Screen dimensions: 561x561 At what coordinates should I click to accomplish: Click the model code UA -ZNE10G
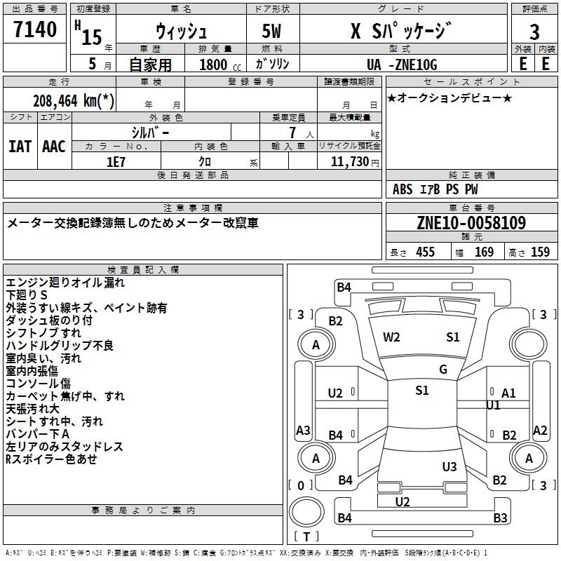click(x=401, y=65)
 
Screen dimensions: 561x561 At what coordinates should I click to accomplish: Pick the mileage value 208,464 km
click(x=74, y=100)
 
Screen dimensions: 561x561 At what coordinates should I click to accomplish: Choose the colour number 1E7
click(x=116, y=161)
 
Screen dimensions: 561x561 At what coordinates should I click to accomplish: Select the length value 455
click(x=425, y=252)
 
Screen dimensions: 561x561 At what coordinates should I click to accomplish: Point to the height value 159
click(x=540, y=252)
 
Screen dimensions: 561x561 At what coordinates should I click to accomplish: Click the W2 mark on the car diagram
click(x=391, y=337)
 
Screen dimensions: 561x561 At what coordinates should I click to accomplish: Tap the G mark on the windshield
click(x=443, y=370)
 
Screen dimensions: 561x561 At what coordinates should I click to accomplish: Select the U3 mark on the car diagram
click(x=450, y=466)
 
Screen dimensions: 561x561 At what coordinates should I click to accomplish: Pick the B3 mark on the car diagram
click(x=500, y=518)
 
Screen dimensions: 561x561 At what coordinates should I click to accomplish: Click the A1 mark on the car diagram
click(x=508, y=393)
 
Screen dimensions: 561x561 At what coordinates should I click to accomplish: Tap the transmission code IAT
click(x=21, y=147)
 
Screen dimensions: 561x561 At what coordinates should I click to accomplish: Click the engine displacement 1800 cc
click(x=217, y=65)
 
